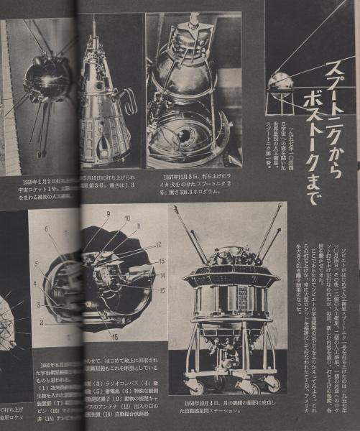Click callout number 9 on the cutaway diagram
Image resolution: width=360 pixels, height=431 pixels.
coord(107,214)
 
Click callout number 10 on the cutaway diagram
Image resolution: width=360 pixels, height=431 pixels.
coord(126,218)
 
